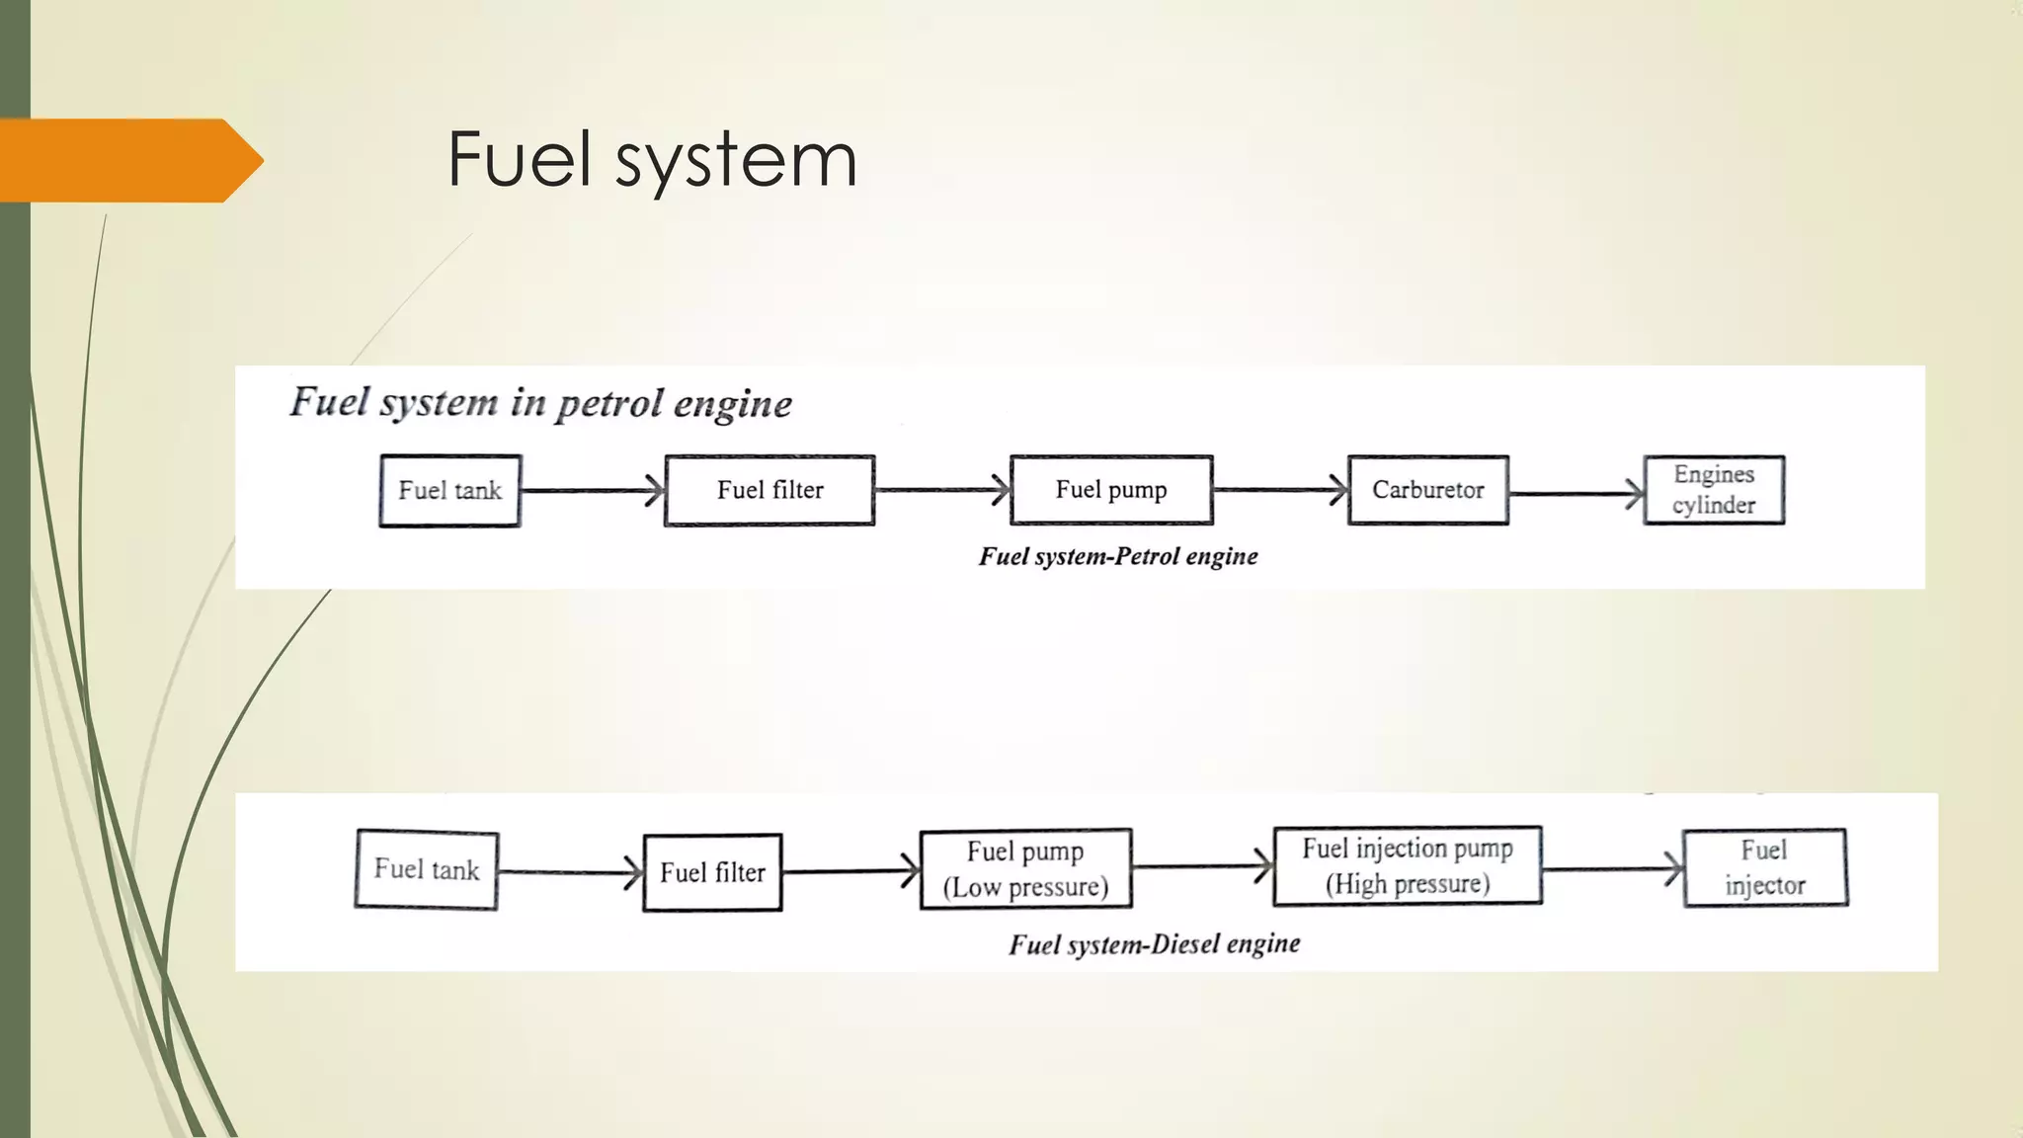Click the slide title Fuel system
652,160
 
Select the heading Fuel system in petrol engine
540,403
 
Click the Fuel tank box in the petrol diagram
449,490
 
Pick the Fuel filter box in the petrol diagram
769,490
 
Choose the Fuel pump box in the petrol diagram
1111,490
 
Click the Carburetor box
1427,490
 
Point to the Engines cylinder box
1714,490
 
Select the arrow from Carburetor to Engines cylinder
1576,494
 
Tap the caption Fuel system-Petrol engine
1118,556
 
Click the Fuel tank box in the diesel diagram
426,869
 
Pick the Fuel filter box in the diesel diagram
712,872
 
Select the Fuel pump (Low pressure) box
1025,868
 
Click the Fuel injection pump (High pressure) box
1407,865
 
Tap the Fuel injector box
1764,867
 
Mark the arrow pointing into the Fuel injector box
1612,869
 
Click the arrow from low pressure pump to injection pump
1202,867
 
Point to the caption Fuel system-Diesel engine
1154,944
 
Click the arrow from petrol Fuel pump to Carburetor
1279,490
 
